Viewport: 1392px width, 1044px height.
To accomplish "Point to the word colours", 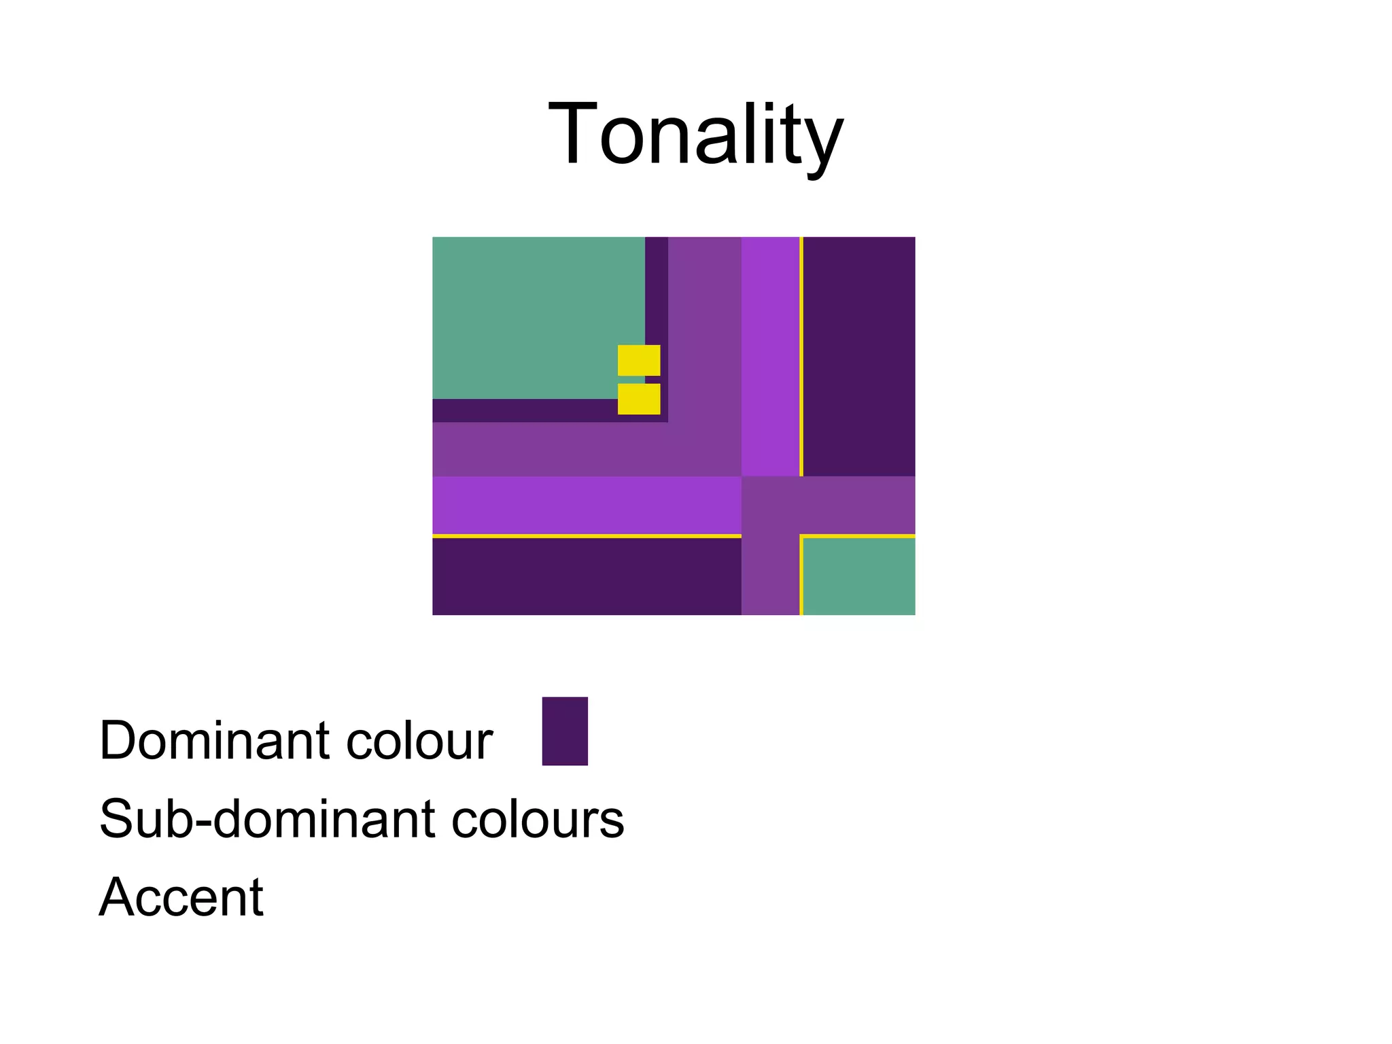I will point(537,818).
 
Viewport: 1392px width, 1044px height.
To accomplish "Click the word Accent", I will point(181,897).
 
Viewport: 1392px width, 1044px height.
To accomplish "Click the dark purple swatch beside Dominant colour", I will point(564,731).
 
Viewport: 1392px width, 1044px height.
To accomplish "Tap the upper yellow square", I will point(638,360).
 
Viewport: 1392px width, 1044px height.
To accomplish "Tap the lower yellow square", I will point(638,399).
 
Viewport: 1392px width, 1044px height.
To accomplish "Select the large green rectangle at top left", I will point(530,313).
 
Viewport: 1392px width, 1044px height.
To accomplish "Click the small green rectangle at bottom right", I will point(859,577).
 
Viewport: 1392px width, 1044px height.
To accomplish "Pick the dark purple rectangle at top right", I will point(859,356).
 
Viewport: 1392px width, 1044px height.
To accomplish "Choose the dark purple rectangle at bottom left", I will point(586,577).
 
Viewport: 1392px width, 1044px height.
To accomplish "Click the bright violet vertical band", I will point(770,356).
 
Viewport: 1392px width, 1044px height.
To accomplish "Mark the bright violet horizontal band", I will point(586,505).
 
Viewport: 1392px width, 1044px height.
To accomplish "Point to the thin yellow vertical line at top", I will point(801,356).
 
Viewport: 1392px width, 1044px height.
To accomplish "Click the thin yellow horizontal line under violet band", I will point(586,536).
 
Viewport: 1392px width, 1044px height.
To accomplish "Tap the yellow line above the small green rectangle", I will point(859,536).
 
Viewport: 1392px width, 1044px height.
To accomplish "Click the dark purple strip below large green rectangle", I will point(523,411).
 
